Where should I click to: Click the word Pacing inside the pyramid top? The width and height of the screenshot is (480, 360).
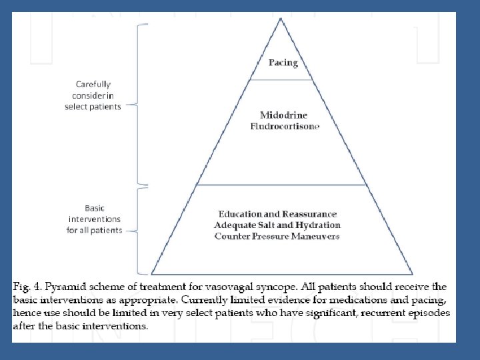pos(283,63)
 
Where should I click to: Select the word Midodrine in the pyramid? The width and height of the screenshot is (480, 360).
pos(283,115)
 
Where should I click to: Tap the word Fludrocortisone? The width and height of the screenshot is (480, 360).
pos(285,126)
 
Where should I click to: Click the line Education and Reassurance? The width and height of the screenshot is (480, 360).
pos(277,215)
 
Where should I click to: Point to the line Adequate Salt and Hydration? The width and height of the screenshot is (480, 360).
pos(277,225)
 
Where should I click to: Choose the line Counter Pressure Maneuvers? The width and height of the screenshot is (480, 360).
pos(277,236)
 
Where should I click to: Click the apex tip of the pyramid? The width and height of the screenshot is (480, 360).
pos(281,19)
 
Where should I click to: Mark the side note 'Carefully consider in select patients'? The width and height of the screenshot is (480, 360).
pos(93,95)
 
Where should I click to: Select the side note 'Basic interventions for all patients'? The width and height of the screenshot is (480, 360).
pos(94,219)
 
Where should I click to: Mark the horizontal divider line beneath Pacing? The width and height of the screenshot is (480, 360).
pos(281,80)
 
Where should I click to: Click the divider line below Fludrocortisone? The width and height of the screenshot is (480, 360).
pos(281,185)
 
